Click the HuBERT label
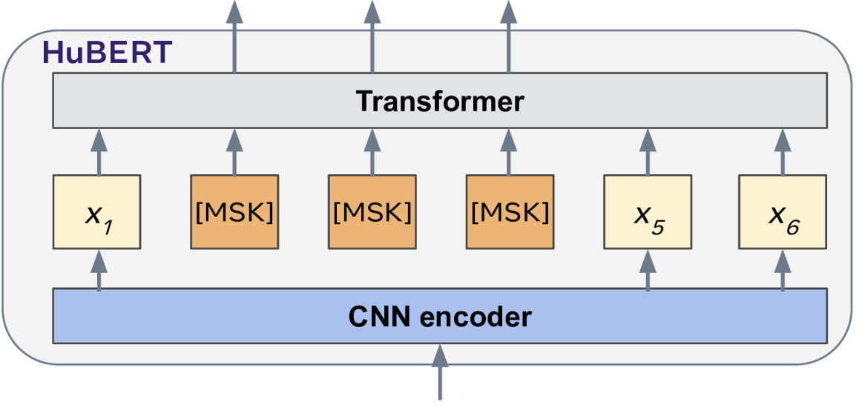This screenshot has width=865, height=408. tap(108, 52)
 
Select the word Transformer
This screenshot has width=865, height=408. tap(439, 101)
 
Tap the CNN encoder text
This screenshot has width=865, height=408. tap(439, 317)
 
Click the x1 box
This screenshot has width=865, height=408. tap(96, 211)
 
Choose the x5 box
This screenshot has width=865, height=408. tap(648, 211)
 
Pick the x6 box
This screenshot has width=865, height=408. tap(783, 211)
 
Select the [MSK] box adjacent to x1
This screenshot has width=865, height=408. tap(234, 211)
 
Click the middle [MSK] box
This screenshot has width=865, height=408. tap(372, 211)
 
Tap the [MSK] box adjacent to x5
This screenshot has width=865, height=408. tap(509, 211)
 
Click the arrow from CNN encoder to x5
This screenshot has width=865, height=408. tap(648, 269)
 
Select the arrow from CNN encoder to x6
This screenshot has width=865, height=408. tap(783, 269)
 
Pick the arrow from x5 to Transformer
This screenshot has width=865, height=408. tap(648, 151)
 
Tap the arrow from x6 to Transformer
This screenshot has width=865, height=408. tap(783, 151)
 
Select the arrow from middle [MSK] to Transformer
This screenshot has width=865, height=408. tap(372, 151)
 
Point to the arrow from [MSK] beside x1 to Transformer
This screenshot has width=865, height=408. tap(234, 151)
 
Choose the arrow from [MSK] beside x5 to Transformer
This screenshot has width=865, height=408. tap(509, 151)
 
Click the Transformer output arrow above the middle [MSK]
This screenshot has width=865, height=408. tap(372, 37)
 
